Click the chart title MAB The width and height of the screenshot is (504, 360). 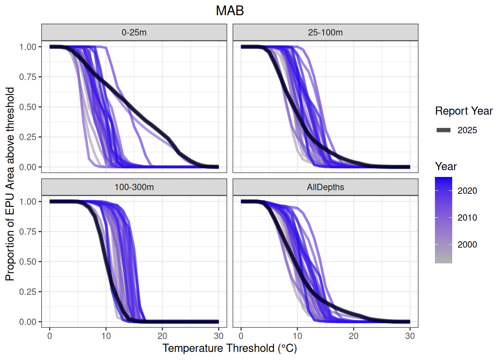coord(230,11)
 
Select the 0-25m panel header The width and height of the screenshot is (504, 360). coord(134,33)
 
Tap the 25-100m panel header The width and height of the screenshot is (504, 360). coord(325,33)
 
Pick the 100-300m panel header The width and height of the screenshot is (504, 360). coord(134,187)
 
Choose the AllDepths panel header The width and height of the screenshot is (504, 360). coord(325,187)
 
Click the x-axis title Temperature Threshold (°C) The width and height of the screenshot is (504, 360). coord(229,348)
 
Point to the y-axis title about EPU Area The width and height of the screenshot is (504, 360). coord(10,184)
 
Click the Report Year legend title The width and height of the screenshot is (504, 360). coord(463,111)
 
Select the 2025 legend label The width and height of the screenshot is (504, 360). coord(467,130)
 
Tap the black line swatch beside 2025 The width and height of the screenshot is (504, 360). coord(443,130)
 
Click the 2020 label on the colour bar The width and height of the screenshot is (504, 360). coord(467,191)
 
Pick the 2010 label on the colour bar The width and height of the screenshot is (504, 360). coord(467,218)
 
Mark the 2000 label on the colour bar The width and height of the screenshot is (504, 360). coord(467,245)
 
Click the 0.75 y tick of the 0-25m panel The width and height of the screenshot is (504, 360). coord(28,77)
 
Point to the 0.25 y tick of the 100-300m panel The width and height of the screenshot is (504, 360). coord(28,292)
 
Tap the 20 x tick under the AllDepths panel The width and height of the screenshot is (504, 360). coord(354,336)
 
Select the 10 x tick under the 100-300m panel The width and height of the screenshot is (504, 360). coord(106,336)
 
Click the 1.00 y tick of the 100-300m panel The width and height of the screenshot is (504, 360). coord(28,202)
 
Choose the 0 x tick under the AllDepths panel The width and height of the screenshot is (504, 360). coord(241,336)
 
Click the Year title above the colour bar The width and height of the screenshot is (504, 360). coord(446,166)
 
